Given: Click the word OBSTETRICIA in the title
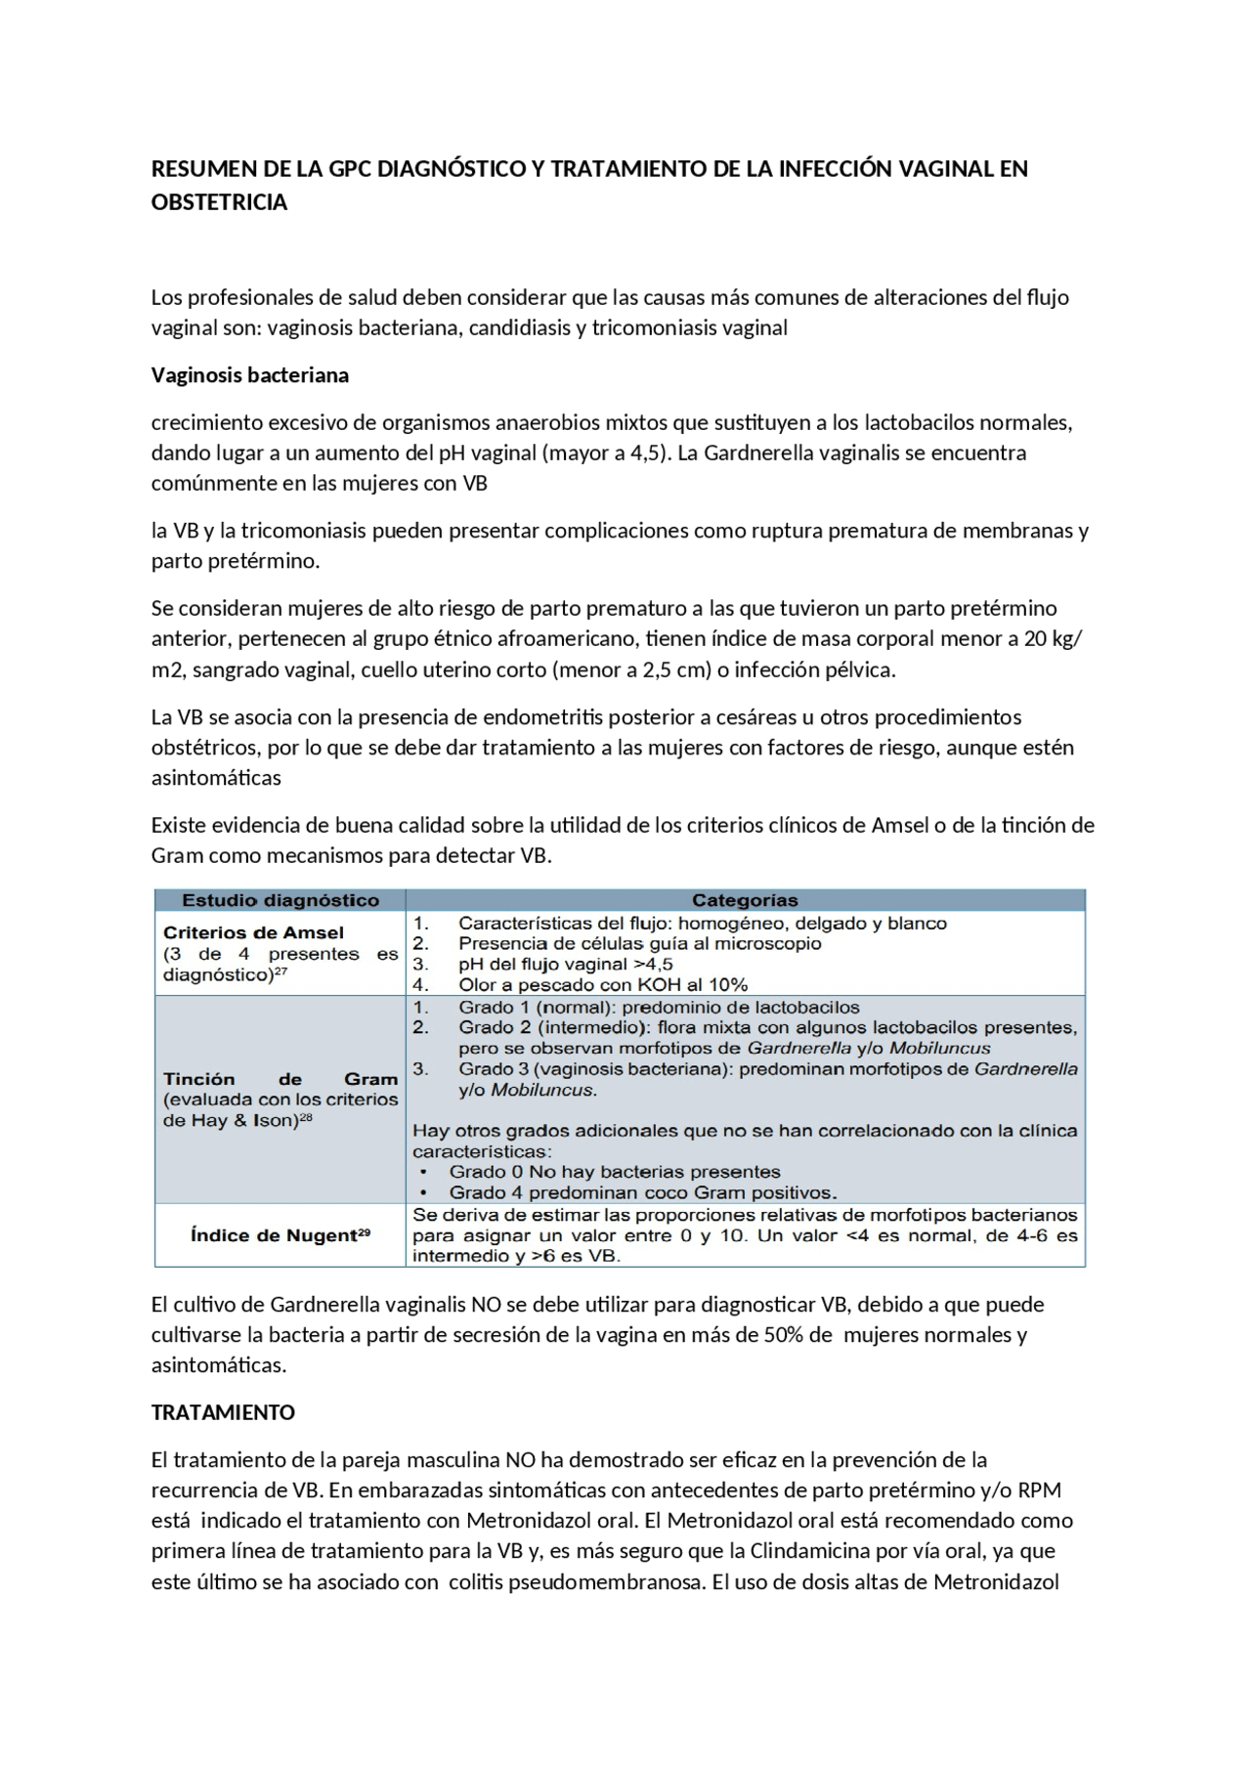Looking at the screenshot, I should click(x=219, y=202).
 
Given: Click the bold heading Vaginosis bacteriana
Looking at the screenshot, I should click(x=249, y=375).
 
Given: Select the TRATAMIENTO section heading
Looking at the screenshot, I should click(x=223, y=1412).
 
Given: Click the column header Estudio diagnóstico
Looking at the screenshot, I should click(x=280, y=900).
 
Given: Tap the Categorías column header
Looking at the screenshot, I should click(x=745, y=900).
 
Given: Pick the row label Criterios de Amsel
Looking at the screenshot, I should click(x=253, y=932).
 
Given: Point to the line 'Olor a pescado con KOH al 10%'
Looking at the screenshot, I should click(x=602, y=985).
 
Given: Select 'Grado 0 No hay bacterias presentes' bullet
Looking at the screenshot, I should click(x=614, y=1171).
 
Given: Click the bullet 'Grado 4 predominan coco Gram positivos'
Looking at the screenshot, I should click(x=642, y=1192).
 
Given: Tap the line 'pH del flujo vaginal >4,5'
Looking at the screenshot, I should click(x=565, y=964).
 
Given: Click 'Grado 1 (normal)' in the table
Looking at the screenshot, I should click(x=536, y=1007).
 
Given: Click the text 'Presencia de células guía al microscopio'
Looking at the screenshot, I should click(x=639, y=943).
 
